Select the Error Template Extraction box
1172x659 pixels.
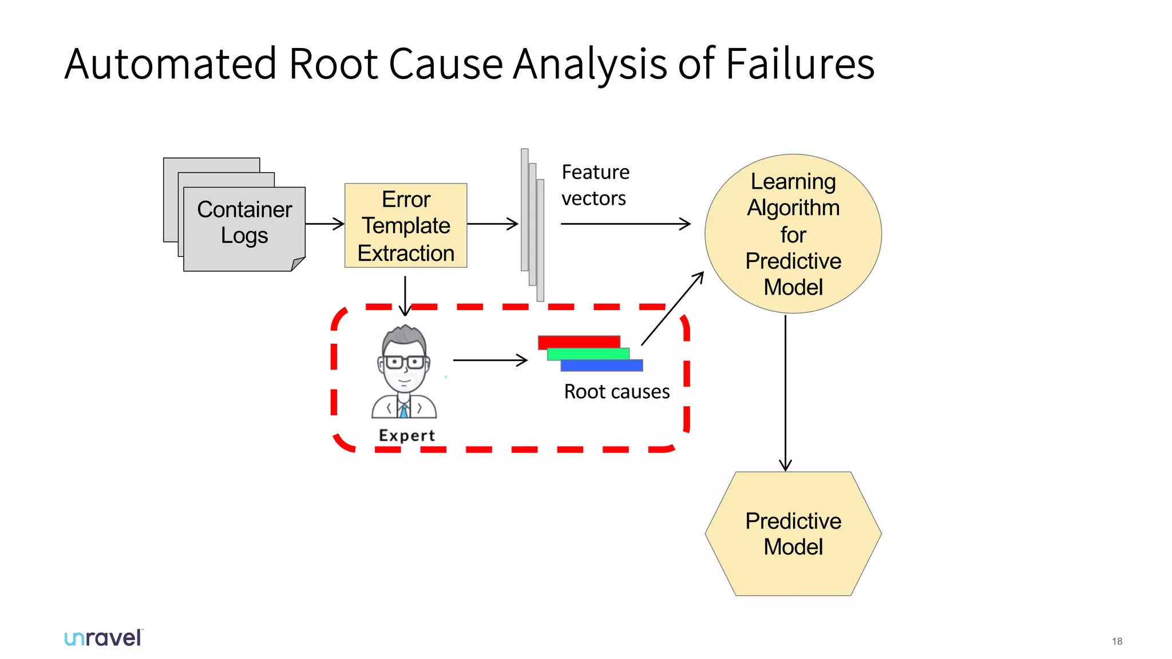(406, 225)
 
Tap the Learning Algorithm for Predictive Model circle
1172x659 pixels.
(793, 234)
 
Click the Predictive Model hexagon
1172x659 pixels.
(793, 533)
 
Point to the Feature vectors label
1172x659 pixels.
(595, 185)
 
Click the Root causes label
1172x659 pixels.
(616, 392)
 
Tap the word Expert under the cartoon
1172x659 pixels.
(407, 435)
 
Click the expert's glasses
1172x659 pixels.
(404, 362)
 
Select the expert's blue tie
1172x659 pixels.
(404, 410)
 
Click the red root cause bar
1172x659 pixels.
(578, 341)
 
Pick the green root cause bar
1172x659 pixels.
(588, 354)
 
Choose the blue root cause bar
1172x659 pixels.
(602, 366)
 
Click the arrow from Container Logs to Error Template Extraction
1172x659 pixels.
(324, 224)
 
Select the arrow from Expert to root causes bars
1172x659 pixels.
(490, 360)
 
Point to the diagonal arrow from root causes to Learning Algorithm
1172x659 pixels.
(672, 309)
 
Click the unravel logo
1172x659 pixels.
(103, 638)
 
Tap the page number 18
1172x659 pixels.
(1116, 641)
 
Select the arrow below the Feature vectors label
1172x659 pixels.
(625, 224)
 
